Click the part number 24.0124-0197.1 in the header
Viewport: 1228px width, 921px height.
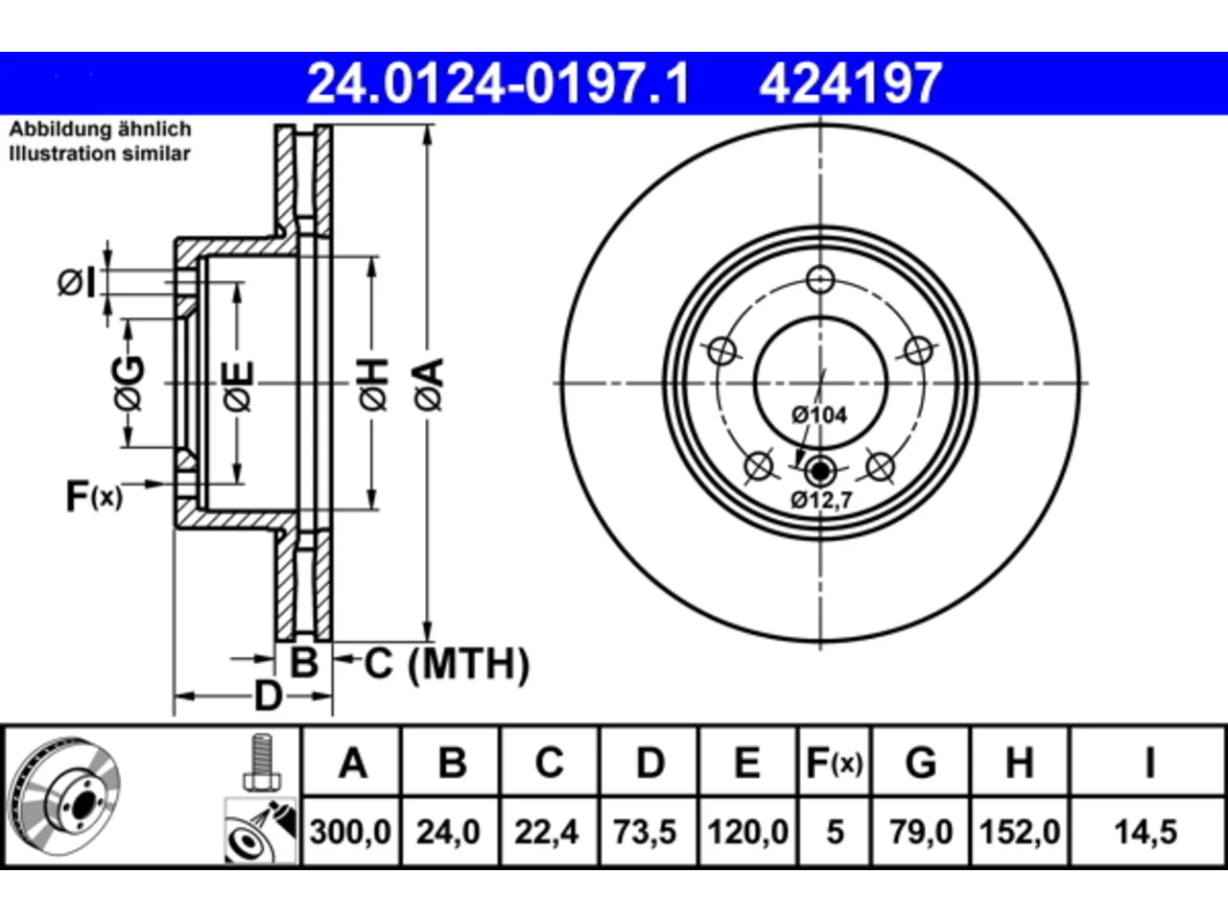pyautogui.click(x=498, y=83)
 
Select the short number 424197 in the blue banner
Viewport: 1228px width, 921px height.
pyautogui.click(x=850, y=83)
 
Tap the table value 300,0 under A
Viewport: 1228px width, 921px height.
pyautogui.click(x=350, y=832)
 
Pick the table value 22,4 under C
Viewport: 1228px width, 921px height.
pyautogui.click(x=547, y=832)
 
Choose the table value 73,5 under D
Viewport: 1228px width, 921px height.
pyautogui.click(x=645, y=832)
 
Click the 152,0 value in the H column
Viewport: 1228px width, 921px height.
pyautogui.click(x=1019, y=832)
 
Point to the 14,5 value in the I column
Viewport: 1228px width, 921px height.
pyautogui.click(x=1145, y=832)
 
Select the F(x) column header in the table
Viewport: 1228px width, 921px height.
pyautogui.click(x=834, y=763)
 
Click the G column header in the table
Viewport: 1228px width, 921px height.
pyautogui.click(x=921, y=763)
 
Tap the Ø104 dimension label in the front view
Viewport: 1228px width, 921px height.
pyautogui.click(x=819, y=414)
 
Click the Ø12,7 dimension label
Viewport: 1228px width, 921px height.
pyautogui.click(x=821, y=500)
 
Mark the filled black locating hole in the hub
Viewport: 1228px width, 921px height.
pyautogui.click(x=819, y=471)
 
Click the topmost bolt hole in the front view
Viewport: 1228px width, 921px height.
pyautogui.click(x=820, y=279)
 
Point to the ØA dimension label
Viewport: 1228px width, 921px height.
pyautogui.click(x=430, y=385)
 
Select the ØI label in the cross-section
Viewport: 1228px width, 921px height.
pyautogui.click(x=76, y=282)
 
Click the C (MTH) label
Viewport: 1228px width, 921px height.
pyautogui.click(x=446, y=664)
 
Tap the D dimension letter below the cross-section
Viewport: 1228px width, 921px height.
pyautogui.click(x=269, y=697)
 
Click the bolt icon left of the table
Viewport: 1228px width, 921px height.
pyautogui.click(x=262, y=762)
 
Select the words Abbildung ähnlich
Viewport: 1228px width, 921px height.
pyautogui.click(x=100, y=130)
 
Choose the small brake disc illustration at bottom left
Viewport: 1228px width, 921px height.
pyautogui.click(x=65, y=795)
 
